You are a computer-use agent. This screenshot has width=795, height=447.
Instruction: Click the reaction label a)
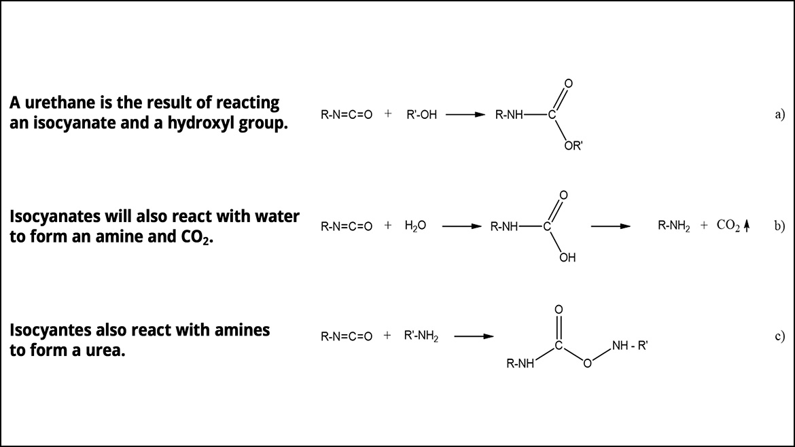(779, 115)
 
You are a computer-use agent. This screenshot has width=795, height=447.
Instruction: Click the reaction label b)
(779, 227)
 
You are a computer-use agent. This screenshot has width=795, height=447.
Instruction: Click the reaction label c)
(779, 336)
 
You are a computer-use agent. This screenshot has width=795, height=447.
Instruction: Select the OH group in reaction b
(567, 257)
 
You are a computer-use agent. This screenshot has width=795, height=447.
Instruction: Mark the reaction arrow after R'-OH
(465, 115)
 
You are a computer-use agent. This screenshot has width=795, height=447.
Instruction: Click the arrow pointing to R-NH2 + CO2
(610, 227)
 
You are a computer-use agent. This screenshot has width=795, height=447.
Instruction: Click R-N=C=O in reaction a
(347, 115)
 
